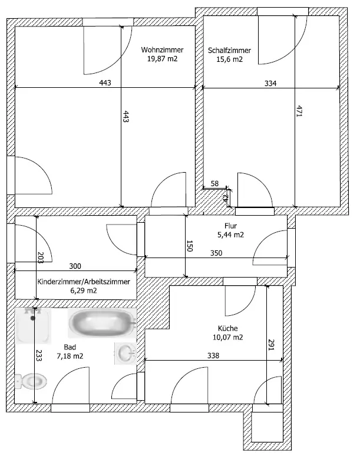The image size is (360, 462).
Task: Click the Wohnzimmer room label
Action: (x=162, y=49)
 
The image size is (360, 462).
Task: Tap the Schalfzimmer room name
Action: (x=230, y=51)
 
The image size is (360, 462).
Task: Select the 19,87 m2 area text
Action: (x=163, y=59)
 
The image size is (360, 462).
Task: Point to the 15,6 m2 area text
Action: (x=230, y=59)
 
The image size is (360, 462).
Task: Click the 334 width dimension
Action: (x=270, y=84)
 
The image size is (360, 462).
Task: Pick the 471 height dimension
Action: (x=299, y=111)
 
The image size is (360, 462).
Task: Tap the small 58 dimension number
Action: (x=214, y=184)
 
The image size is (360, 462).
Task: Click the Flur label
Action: (x=231, y=226)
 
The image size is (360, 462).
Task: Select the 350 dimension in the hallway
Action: (x=216, y=253)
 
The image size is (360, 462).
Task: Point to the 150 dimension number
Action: (x=190, y=246)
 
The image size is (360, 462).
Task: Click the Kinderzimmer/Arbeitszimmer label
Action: (x=84, y=282)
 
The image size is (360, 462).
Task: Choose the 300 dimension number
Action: (x=75, y=266)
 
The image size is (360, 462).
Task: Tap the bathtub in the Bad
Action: (x=103, y=323)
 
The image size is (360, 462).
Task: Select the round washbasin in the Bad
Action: (x=126, y=353)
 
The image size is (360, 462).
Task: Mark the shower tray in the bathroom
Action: (x=33, y=326)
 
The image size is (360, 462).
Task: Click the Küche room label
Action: (x=227, y=328)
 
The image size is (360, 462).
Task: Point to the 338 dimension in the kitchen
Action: (x=213, y=356)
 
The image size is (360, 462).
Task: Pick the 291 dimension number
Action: (x=271, y=345)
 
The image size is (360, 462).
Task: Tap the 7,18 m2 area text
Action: (x=70, y=356)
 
